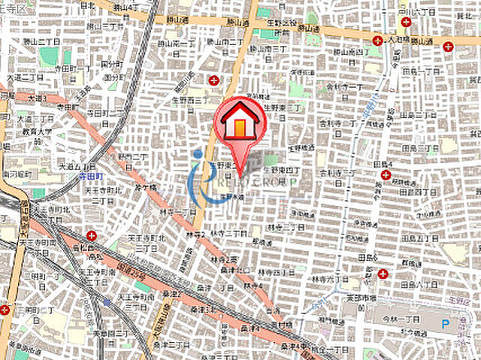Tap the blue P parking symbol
[x=445, y=324]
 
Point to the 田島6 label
[x=369, y=258]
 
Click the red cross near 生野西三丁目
[x=214, y=80]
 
